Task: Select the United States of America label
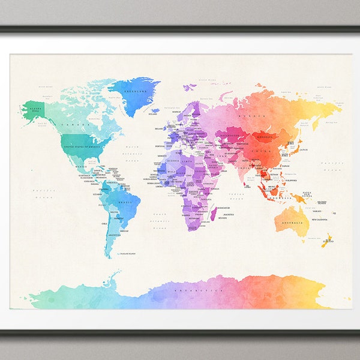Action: [83, 145]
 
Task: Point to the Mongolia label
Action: [263, 136]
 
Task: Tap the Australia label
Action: [292, 224]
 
